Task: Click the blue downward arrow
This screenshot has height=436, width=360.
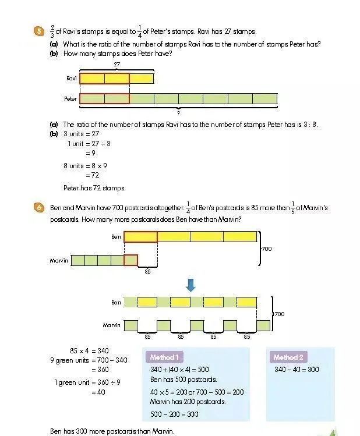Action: click(x=190, y=285)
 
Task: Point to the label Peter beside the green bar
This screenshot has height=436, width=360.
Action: click(x=70, y=99)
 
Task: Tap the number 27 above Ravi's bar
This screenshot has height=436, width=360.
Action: click(x=117, y=64)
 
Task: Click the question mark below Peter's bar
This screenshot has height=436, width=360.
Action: click(x=178, y=112)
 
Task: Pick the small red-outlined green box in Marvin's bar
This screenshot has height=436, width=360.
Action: click(x=131, y=260)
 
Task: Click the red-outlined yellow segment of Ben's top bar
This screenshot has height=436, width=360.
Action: click(x=140, y=237)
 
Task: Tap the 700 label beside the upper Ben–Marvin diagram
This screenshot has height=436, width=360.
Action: click(x=266, y=249)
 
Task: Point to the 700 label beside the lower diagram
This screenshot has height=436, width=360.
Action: click(x=280, y=314)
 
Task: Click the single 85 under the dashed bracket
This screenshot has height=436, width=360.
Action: click(x=147, y=271)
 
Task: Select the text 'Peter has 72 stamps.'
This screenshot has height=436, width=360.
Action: click(x=94, y=187)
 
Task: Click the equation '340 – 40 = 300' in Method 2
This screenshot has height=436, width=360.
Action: click(x=297, y=369)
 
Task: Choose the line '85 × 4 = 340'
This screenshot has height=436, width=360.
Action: click(x=90, y=350)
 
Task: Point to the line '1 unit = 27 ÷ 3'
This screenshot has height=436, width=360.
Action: click(x=89, y=143)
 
